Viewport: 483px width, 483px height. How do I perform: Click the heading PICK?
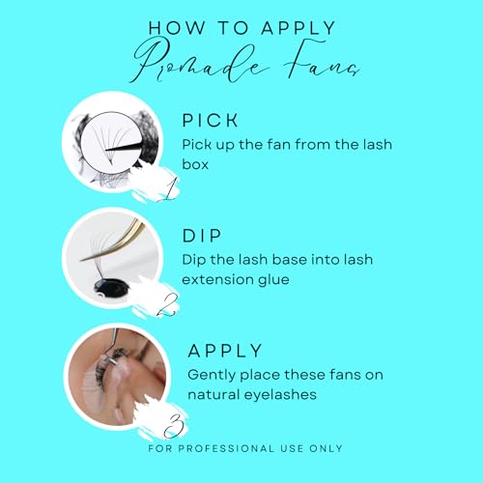click(x=210, y=121)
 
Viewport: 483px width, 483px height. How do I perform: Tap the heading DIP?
click(x=202, y=236)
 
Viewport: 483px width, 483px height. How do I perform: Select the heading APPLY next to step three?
click(x=225, y=351)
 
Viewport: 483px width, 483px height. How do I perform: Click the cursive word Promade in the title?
click(x=199, y=61)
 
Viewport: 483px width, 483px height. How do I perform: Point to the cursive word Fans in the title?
click(x=322, y=60)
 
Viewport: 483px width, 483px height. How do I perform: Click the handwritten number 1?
click(x=168, y=189)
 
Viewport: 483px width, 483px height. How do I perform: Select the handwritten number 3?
click(x=174, y=426)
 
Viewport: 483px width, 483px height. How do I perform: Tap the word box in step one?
click(x=195, y=164)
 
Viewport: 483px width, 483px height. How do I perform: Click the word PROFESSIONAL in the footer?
click(x=225, y=448)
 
